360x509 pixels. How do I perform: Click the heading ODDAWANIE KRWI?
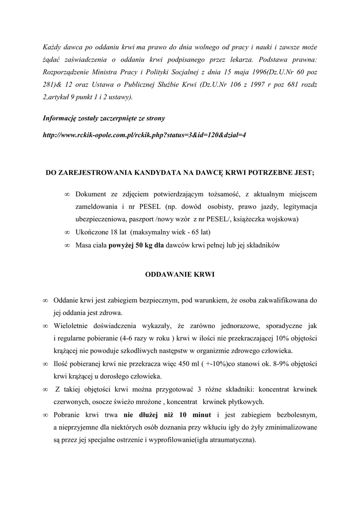[180, 274]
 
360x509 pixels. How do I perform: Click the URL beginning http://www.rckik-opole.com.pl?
[144, 135]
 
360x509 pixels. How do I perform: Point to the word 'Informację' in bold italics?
[60, 118]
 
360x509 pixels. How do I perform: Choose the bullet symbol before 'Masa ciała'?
[67, 246]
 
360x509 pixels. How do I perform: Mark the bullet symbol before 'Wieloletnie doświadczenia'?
[45, 326]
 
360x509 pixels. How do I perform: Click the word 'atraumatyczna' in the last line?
[230, 440]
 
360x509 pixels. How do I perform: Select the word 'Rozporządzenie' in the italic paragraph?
[66, 72]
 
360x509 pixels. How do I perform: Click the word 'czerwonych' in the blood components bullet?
[71, 402]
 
